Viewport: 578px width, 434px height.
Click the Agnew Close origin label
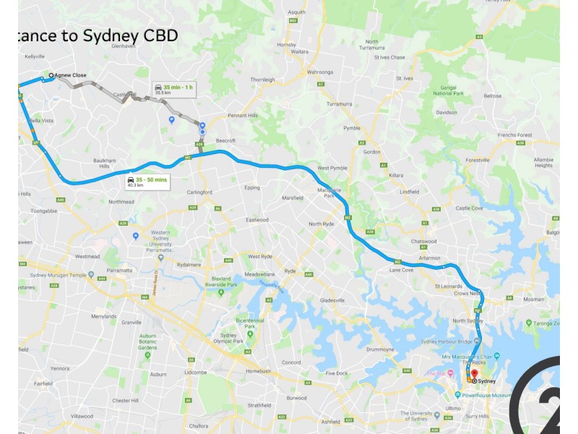coord(69,75)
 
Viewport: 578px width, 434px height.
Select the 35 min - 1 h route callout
coord(173,89)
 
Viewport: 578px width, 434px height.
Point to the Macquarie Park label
coord(329,192)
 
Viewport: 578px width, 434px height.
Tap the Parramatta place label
coord(119,270)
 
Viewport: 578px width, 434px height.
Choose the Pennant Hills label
coord(243,115)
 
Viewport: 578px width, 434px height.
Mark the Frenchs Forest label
coord(514,135)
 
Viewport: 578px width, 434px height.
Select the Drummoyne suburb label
coord(380,349)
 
